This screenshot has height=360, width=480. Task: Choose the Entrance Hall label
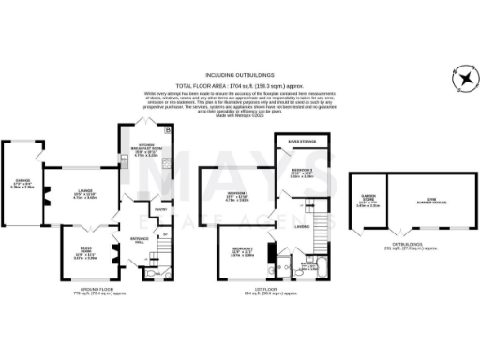click(x=140, y=241)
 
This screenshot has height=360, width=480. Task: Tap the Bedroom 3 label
click(x=241, y=252)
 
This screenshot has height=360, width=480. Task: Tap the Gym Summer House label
click(x=431, y=200)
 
